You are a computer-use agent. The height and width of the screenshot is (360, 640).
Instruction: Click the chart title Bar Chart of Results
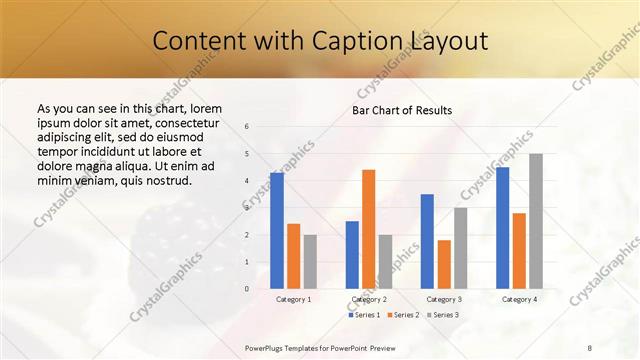(402, 110)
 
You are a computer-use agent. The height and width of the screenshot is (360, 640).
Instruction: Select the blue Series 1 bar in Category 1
(277, 230)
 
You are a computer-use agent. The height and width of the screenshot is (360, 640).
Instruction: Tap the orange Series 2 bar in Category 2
(369, 229)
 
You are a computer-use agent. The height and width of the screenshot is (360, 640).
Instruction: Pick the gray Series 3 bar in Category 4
(536, 221)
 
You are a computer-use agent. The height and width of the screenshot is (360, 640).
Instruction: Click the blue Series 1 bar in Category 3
(427, 241)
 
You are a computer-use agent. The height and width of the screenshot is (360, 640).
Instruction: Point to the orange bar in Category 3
(444, 264)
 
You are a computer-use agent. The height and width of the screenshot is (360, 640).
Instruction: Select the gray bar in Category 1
(310, 261)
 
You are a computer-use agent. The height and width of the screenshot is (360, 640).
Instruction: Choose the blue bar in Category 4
(502, 228)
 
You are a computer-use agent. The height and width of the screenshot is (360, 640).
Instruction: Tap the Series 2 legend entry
(402, 315)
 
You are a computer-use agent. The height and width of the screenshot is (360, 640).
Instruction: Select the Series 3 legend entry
(442, 315)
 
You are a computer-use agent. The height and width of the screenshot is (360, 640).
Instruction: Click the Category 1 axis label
(293, 299)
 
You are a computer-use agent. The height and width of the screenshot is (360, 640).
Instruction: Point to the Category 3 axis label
(443, 299)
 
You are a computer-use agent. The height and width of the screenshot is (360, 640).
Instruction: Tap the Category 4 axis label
(519, 299)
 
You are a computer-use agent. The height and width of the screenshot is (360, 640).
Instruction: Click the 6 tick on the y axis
(247, 127)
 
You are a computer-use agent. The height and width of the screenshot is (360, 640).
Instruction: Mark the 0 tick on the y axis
(247, 289)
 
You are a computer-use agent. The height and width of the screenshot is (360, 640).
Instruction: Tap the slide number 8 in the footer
(590, 347)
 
